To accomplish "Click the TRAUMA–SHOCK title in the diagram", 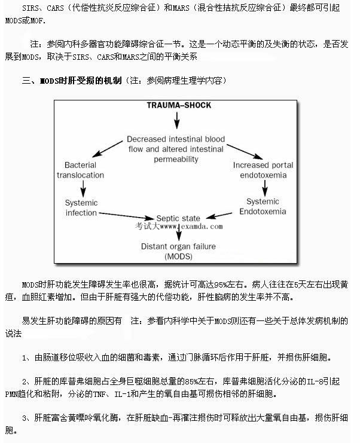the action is coord(179,105).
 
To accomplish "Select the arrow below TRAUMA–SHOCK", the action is coord(177,120).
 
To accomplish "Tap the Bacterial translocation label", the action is coord(80,170).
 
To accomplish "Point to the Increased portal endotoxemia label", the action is coord(263,170).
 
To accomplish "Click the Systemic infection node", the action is coord(81,207).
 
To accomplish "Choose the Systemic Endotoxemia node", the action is coord(263,206).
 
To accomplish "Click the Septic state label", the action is coord(178,218).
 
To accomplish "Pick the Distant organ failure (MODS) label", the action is coord(178,251).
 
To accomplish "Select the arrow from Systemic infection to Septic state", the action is coord(127,216).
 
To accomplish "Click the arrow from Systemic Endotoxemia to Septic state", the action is coord(219,215).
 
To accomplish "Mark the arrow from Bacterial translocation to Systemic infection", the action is coord(83,188).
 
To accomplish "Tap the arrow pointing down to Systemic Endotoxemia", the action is coord(265,188).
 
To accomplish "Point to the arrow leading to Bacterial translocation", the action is coord(108,149).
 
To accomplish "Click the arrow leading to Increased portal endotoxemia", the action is coord(245,152).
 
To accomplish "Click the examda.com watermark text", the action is coord(179,227).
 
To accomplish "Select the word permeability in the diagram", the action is coord(176,160).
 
